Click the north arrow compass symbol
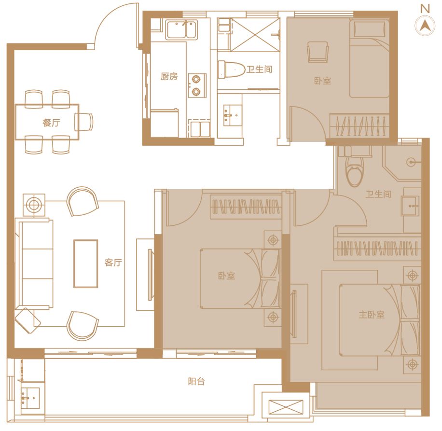click(425, 26)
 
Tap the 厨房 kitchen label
click(169, 76)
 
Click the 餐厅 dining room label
click(51, 123)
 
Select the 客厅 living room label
click(113, 263)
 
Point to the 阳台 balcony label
click(196, 382)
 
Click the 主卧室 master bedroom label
click(372, 315)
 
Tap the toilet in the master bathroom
click(355, 171)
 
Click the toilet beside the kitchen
click(232, 70)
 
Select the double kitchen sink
click(182, 29)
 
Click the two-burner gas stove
click(196, 85)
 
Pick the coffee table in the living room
click(86, 264)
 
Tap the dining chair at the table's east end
click(84, 122)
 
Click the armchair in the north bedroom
click(318, 52)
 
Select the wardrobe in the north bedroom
click(359, 125)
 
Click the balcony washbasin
click(30, 398)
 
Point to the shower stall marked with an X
click(255, 35)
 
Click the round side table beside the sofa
click(34, 205)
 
